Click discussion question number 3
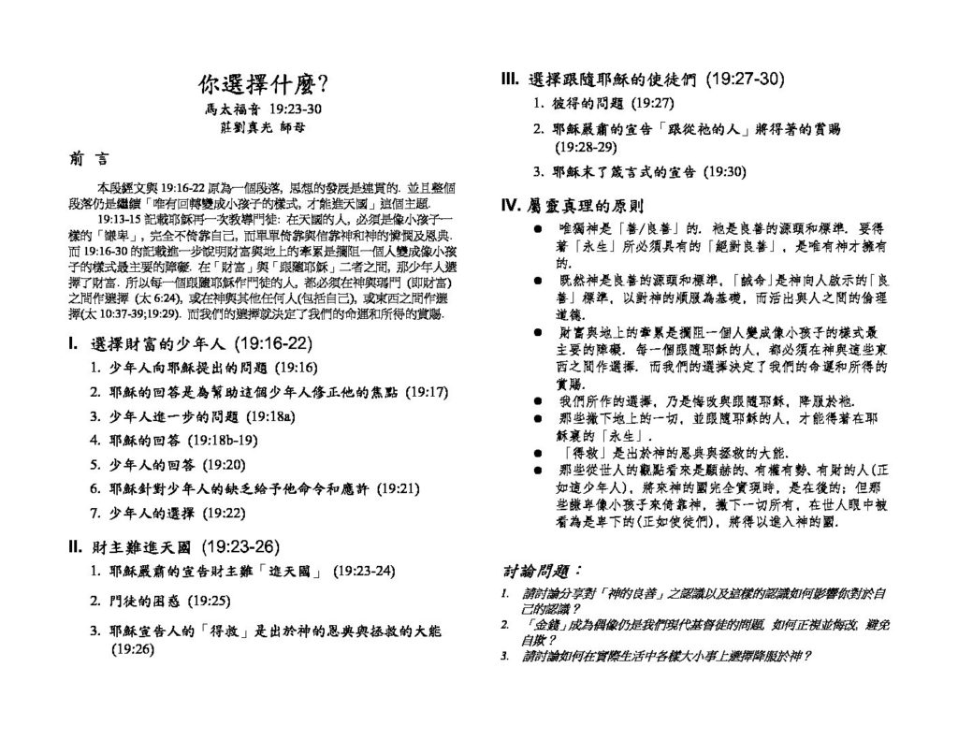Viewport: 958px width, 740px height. coord(505,656)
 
